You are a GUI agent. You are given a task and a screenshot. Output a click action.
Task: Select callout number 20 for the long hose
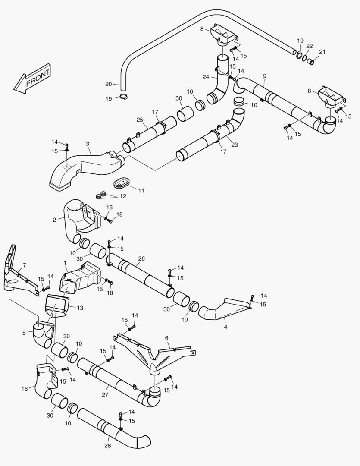(x=108, y=84)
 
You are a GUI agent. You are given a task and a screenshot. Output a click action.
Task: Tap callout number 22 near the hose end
(x=310, y=46)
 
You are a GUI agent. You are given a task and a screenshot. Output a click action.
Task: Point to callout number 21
(x=322, y=52)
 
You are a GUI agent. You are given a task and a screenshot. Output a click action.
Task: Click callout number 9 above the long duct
(x=265, y=76)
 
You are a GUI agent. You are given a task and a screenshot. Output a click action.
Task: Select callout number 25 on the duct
(x=140, y=120)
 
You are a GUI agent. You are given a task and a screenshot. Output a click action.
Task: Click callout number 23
(x=234, y=145)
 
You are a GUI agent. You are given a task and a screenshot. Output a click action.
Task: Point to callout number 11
(x=141, y=190)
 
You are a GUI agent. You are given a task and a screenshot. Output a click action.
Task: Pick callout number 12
(x=123, y=196)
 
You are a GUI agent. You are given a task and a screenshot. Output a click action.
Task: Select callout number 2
(x=55, y=220)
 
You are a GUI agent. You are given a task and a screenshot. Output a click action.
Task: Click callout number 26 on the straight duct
(x=141, y=259)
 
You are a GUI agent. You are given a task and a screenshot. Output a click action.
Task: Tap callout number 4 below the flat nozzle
(x=225, y=327)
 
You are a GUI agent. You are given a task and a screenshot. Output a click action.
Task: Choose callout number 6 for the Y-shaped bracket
(x=166, y=338)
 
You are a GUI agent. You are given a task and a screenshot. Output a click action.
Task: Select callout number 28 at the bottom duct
(x=108, y=446)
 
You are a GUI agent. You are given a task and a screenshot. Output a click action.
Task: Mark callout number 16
(x=25, y=389)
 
